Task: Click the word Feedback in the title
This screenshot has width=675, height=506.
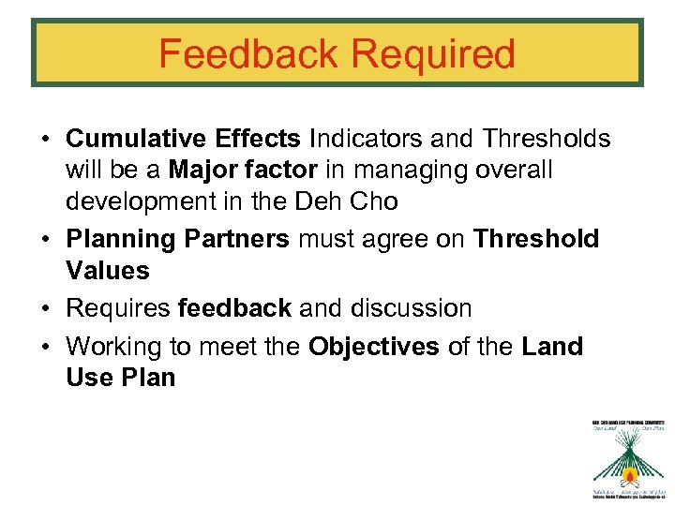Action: pyautogui.click(x=246, y=54)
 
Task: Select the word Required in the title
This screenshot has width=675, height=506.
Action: pyautogui.click(x=427, y=54)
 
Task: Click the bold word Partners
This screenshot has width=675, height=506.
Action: pyautogui.click(x=237, y=239)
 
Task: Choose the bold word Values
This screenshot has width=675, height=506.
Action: pyautogui.click(x=108, y=271)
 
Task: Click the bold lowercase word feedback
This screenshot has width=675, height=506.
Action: pyautogui.click(x=234, y=308)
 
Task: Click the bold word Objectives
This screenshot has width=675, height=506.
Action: pyautogui.click(x=374, y=346)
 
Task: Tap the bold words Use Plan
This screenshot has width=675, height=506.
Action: pyautogui.click(x=121, y=378)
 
